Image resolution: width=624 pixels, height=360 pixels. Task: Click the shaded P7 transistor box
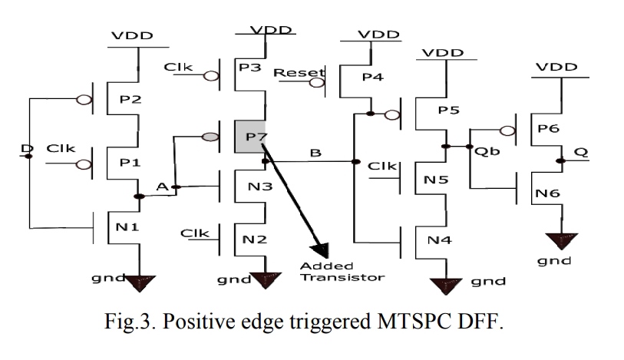250,137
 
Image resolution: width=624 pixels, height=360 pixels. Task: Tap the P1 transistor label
126,162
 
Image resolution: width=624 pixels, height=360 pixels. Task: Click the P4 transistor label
371,77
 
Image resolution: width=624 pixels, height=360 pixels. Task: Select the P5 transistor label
449,110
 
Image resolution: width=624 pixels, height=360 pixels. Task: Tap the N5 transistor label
434,182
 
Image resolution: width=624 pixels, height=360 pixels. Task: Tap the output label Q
581,153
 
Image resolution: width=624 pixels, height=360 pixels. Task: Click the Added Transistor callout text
342,272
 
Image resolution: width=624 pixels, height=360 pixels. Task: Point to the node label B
314,154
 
